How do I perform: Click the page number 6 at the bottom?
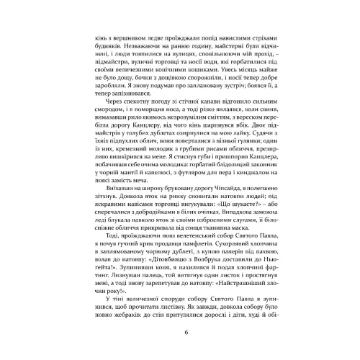pyautogui.click(x=186, y=332)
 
